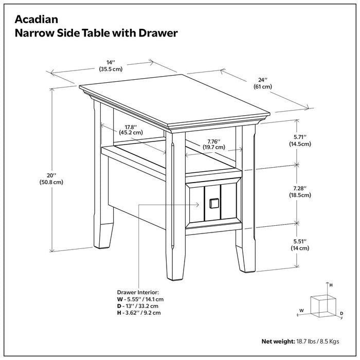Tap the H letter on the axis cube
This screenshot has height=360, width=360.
(x=331, y=284)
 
